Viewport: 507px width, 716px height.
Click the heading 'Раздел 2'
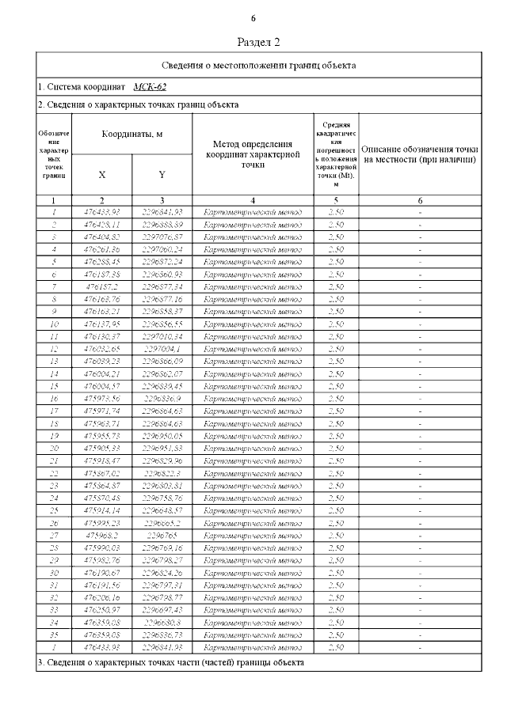pos(259,42)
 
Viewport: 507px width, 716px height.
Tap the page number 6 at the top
pos(253,17)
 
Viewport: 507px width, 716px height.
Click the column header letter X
pos(101,174)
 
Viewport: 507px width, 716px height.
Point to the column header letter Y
pos(162,174)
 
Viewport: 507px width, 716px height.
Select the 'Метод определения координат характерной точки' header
pos(252,153)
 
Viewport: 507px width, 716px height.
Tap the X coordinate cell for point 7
pos(101,286)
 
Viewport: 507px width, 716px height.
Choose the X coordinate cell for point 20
pos(101,449)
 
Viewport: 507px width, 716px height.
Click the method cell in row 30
pos(252,574)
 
